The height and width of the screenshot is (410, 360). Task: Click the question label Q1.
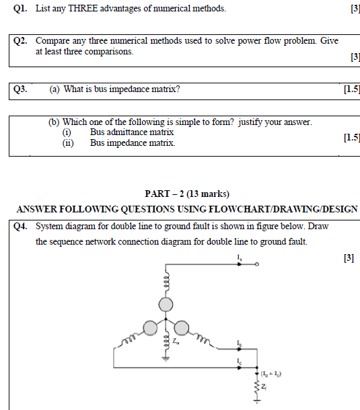20,9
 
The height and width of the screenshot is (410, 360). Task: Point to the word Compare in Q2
52,41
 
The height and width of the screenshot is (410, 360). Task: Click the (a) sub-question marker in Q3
55,89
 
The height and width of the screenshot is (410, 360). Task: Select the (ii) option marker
67,143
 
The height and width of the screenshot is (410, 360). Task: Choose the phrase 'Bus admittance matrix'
132,132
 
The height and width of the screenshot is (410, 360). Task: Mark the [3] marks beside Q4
349,257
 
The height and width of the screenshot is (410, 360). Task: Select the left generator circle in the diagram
150,327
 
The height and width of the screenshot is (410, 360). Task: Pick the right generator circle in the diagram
180,327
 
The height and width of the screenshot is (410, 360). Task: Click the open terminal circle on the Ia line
257,265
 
